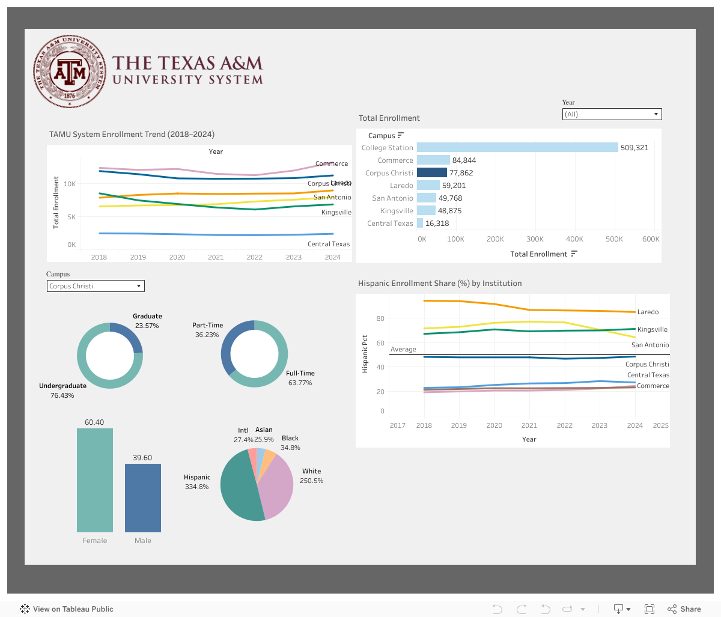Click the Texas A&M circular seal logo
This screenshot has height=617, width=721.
pyautogui.click(x=70, y=71)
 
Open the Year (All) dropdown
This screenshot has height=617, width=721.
pyautogui.click(x=612, y=114)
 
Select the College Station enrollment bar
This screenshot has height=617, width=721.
pyautogui.click(x=517, y=147)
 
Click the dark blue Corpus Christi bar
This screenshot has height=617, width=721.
pyautogui.click(x=431, y=173)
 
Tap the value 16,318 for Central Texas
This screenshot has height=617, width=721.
pyautogui.click(x=437, y=223)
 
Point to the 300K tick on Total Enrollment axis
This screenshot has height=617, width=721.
pyautogui.click(x=535, y=239)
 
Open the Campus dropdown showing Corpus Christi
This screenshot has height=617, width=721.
pyautogui.click(x=96, y=286)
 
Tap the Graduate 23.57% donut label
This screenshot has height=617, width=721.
pyautogui.click(x=147, y=321)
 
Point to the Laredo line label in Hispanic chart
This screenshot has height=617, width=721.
pyautogui.click(x=648, y=312)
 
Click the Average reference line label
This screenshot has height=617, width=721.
pyautogui.click(x=403, y=350)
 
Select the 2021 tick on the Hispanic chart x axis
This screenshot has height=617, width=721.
pyautogui.click(x=529, y=425)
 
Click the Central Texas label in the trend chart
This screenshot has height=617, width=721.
pyautogui.click(x=328, y=244)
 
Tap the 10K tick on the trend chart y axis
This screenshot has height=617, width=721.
pyautogui.click(x=70, y=184)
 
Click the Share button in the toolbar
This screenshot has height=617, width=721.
pyautogui.click(x=684, y=609)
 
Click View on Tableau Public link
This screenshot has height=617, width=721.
pyautogui.click(x=67, y=609)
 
